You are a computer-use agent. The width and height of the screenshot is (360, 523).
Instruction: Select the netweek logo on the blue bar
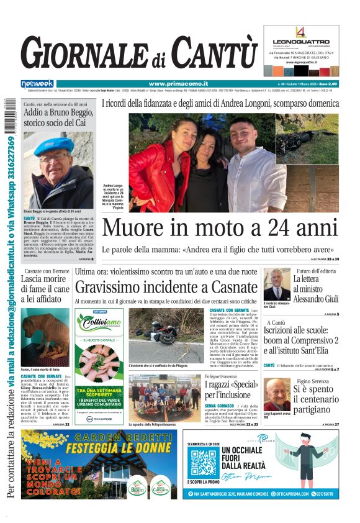(x=37, y=84)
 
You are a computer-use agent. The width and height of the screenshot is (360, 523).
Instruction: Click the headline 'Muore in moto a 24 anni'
(x=220, y=228)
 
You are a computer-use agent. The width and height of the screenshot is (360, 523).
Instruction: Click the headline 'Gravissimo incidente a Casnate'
(x=165, y=287)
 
